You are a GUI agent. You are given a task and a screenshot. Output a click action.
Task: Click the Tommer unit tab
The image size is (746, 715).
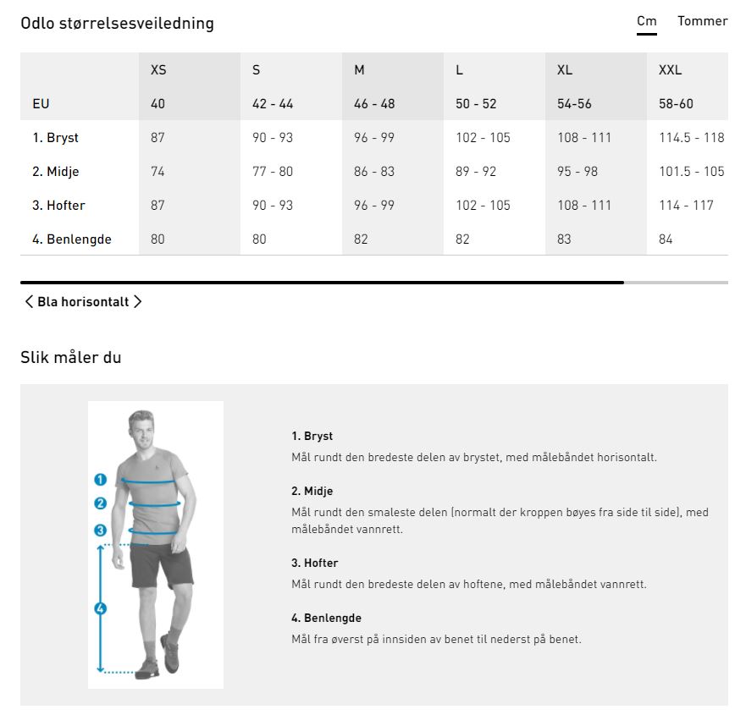(702, 21)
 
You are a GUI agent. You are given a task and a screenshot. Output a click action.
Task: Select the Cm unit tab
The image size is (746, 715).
(647, 21)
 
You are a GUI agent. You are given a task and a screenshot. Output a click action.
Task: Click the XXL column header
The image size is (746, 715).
(670, 70)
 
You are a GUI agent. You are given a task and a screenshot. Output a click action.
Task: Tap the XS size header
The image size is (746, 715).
(158, 70)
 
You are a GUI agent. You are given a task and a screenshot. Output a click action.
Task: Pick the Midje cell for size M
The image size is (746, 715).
(374, 171)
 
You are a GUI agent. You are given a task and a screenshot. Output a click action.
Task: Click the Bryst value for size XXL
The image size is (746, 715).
(691, 137)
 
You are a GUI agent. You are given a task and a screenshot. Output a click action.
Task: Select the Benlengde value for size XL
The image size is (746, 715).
(564, 239)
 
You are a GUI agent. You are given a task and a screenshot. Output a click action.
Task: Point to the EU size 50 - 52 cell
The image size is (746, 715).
(476, 103)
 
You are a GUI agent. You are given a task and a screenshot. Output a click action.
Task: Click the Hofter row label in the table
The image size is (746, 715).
(58, 205)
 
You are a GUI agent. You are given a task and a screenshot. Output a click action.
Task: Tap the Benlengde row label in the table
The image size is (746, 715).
(72, 239)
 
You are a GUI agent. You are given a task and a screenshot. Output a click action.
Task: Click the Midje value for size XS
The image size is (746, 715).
(157, 171)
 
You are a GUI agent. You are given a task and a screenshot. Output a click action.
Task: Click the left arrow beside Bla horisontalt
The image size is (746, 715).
(29, 301)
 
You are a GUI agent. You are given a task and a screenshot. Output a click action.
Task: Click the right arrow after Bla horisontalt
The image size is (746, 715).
(137, 301)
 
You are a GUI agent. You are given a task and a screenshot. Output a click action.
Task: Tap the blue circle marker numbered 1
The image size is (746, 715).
(101, 479)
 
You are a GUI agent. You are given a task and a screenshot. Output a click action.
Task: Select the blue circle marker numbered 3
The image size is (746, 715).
(101, 530)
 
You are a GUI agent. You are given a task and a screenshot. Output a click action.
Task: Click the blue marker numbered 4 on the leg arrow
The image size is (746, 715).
(101, 608)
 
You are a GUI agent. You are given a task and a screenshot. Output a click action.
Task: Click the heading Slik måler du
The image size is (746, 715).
(71, 357)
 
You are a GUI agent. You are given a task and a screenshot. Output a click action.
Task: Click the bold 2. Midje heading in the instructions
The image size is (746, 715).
(312, 491)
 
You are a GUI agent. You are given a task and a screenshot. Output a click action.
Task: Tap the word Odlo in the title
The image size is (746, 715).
(37, 23)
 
